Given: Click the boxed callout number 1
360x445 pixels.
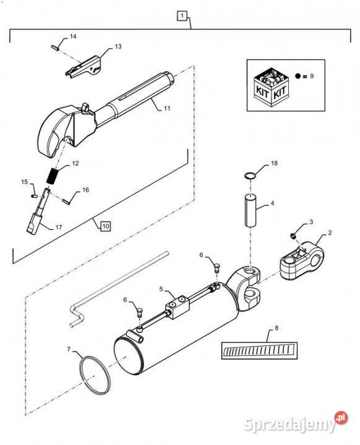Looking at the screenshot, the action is [182, 15].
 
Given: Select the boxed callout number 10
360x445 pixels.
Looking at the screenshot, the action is [105, 226].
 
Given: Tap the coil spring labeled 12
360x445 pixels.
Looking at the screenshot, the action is [53, 176].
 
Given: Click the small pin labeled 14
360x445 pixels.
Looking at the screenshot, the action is [55, 48].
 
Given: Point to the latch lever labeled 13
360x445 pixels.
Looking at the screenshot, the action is [84, 67].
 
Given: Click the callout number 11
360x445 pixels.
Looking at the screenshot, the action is [167, 108].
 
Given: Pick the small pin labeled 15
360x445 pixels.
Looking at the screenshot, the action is [34, 195].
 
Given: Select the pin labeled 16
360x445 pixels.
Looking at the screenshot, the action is [66, 201].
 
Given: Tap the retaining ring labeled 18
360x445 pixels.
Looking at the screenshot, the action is [250, 176].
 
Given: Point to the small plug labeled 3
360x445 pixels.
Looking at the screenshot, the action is [292, 235].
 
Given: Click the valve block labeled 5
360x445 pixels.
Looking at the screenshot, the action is [178, 307].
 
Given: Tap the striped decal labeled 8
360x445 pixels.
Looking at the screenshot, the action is [259, 350].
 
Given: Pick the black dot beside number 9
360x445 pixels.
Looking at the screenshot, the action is [298, 76].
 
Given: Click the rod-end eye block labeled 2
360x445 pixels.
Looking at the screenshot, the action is [301, 261].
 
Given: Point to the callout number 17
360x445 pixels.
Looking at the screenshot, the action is [59, 227].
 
